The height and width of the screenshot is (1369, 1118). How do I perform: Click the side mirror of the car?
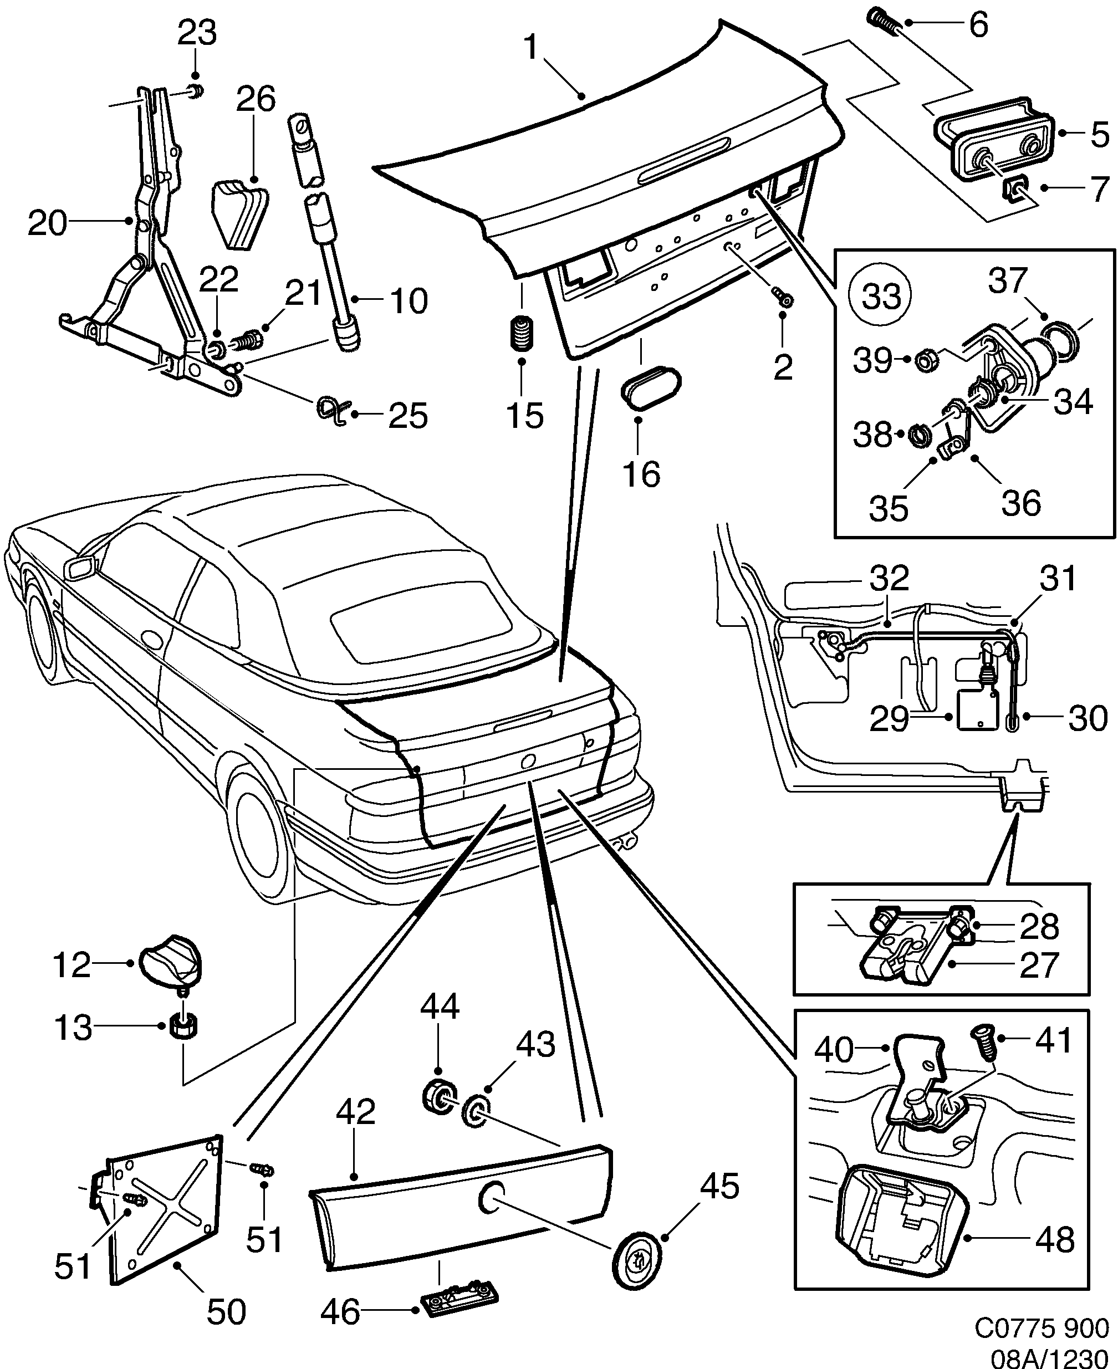[x=81, y=568]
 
